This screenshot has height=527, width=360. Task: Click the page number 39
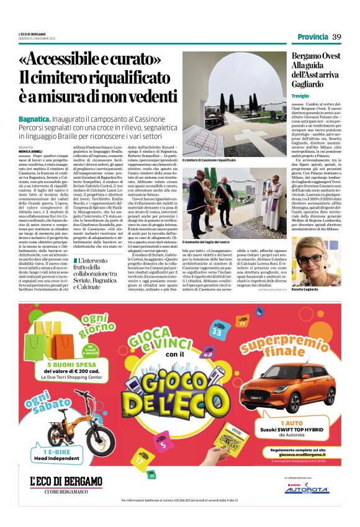(336, 37)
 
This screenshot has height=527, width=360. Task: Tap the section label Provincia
(312, 37)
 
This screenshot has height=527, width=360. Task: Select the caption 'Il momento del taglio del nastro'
(205, 241)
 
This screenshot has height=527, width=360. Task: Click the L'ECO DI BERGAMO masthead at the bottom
(66, 481)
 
